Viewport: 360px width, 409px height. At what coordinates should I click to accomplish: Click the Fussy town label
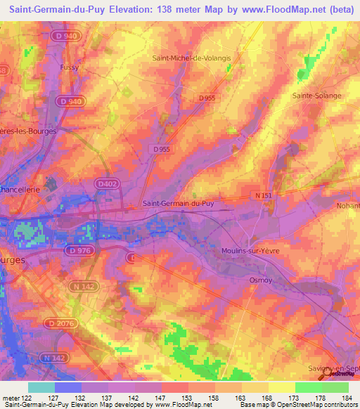pos(69,67)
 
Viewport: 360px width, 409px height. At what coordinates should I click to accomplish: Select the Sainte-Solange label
pos(316,96)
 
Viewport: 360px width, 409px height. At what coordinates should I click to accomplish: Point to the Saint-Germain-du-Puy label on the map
pos(178,204)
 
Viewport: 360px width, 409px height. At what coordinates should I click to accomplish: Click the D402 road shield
pos(105,183)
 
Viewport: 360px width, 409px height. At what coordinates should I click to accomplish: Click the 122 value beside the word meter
pos(28,397)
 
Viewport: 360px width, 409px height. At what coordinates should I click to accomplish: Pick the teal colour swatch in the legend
pos(41,387)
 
